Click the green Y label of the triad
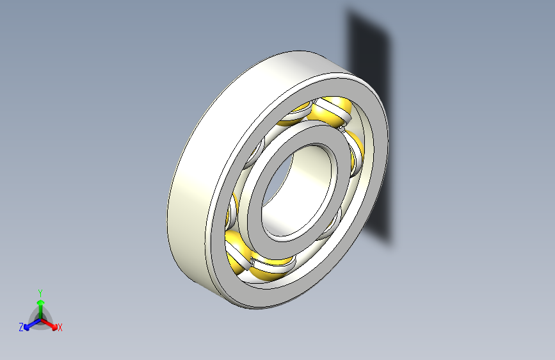pos(40,293)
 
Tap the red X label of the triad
pos(60,328)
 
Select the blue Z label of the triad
pos(21,327)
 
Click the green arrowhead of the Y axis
pos(41,302)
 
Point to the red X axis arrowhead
pos(54,327)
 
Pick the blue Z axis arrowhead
pos(27,327)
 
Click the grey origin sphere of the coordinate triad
pos(41,320)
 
